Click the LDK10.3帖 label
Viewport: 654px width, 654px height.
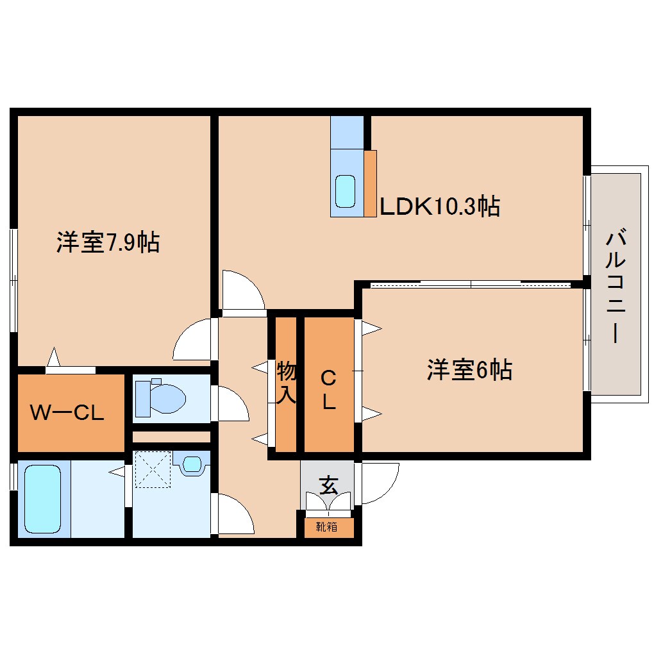[440, 206]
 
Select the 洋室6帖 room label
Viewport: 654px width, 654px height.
[469, 370]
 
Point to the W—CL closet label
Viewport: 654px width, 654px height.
[67, 412]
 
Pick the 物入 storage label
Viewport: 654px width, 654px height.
[286, 383]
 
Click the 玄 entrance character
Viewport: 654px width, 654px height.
[328, 485]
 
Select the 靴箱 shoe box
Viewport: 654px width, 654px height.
[327, 527]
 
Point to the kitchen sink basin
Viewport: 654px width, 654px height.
[346, 191]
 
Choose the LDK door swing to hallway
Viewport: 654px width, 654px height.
[242, 292]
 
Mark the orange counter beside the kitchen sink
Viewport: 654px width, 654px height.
[370, 183]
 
